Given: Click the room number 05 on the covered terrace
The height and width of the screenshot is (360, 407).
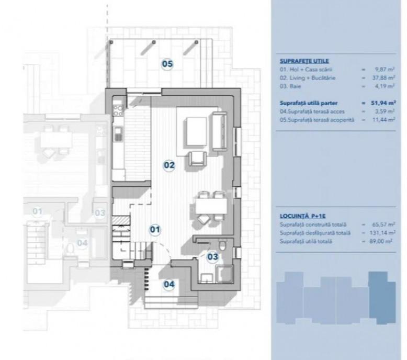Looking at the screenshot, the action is (x=167, y=64).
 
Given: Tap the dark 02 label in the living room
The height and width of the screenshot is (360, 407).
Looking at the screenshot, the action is (x=169, y=165).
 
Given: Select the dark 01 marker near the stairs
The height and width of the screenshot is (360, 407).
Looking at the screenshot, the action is (x=155, y=229).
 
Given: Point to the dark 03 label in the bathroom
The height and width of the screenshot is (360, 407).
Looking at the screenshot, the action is (x=212, y=257).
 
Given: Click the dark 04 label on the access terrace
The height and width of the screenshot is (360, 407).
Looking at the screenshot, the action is (x=169, y=284).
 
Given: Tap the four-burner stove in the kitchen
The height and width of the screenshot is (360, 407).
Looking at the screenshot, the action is (x=119, y=110).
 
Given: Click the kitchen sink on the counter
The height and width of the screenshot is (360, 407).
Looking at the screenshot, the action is (x=118, y=134).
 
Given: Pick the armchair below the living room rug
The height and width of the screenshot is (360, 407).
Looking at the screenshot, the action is (x=198, y=159).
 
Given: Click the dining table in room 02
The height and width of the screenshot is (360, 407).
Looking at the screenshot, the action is (x=211, y=206).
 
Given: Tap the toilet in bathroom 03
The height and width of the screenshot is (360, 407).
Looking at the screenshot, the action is (x=222, y=245).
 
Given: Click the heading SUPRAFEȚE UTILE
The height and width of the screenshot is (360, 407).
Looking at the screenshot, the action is (x=304, y=61).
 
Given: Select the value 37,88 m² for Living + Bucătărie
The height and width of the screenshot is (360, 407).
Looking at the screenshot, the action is (x=385, y=77).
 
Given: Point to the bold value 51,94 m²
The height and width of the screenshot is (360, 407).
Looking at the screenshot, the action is (x=383, y=103).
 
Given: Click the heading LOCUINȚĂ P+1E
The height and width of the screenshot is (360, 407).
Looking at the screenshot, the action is (x=303, y=216).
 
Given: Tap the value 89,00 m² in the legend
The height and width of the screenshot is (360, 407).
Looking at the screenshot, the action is (x=380, y=241).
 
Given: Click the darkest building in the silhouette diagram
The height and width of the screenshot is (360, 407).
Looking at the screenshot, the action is (x=382, y=298).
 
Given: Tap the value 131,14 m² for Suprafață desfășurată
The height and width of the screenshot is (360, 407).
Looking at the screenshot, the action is (x=382, y=233).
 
